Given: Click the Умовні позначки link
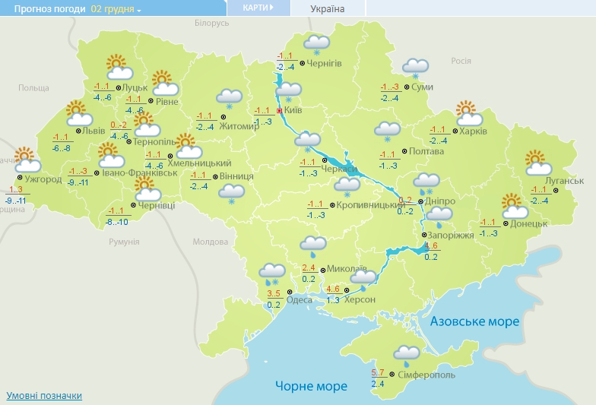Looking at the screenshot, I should [x=44, y=396].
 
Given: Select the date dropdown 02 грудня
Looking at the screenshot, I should [x=116, y=8].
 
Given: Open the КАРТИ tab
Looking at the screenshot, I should [x=259, y=8].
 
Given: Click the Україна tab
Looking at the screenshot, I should [x=328, y=8].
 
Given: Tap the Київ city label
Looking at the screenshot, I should [x=293, y=111].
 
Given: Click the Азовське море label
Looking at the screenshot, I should [x=474, y=321].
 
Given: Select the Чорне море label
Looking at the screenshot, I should [x=311, y=386].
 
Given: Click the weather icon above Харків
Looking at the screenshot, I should [x=469, y=113].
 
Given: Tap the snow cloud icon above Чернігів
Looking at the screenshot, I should [x=316, y=45].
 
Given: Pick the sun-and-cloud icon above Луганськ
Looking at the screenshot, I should [x=538, y=163].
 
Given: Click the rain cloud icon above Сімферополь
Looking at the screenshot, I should [x=407, y=353].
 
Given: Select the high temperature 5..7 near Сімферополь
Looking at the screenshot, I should [x=378, y=372].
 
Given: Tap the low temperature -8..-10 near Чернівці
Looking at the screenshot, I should [x=116, y=222].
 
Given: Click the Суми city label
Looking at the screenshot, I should [x=422, y=87].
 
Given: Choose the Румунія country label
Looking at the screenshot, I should [x=124, y=242].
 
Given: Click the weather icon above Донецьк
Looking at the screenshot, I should [x=515, y=206].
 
